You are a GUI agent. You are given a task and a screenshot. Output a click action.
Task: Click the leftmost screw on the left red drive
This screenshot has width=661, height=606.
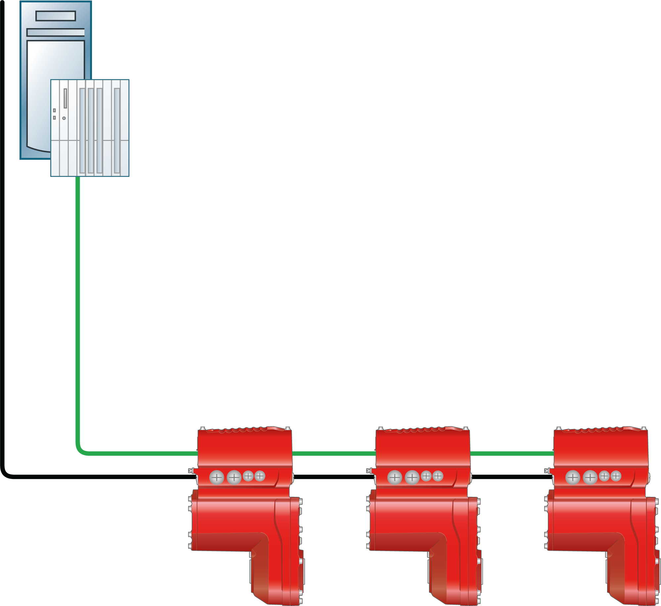pyautogui.click(x=217, y=477)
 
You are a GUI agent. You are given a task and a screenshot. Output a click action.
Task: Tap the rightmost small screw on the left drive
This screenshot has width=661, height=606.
pyautogui.click(x=260, y=476)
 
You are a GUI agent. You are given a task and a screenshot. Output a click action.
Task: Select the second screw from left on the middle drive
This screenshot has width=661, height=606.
pyautogui.click(x=412, y=477)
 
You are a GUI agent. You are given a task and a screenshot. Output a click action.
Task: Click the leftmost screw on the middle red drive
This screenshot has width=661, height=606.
pyautogui.click(x=395, y=477)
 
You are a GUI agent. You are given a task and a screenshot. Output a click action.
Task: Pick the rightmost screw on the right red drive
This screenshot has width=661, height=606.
pyautogui.click(x=616, y=476)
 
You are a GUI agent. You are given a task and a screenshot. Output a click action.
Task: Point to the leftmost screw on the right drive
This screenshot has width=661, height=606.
pyautogui.click(x=573, y=477)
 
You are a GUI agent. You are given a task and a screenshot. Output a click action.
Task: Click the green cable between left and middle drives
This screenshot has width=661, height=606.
pyautogui.click(x=333, y=454)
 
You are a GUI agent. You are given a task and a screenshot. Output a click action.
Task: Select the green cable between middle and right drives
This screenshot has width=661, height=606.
pyautogui.click(x=511, y=454)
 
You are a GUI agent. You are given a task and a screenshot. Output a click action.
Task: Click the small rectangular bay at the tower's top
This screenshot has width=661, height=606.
pyautogui.click(x=56, y=16)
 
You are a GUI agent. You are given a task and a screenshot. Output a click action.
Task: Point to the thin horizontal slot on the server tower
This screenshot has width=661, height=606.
pyautogui.click(x=56, y=32)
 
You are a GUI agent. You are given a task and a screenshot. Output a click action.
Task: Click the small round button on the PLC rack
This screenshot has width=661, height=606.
pyautogui.click(x=64, y=118)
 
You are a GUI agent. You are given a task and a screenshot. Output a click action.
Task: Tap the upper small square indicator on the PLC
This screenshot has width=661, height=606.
pyautogui.click(x=54, y=110)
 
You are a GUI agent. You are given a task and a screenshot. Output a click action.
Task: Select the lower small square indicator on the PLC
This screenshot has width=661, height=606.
pyautogui.click(x=54, y=117)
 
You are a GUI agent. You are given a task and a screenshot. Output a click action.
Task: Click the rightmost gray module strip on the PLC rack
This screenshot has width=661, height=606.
pyautogui.click(x=117, y=130)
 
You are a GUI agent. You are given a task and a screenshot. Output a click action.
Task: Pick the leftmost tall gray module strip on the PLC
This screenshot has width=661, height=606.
pyautogui.click(x=82, y=130)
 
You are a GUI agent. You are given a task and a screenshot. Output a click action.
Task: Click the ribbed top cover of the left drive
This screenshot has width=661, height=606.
pyautogui.click(x=245, y=430)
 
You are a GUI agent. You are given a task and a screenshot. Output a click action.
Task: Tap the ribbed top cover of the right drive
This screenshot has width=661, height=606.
pyautogui.click(x=601, y=430)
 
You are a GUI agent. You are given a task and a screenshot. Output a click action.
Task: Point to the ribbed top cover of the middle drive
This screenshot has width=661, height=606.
pyautogui.click(x=423, y=430)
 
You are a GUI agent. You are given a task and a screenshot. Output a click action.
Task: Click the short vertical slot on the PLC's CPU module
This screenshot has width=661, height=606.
pyautogui.click(x=65, y=98)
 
